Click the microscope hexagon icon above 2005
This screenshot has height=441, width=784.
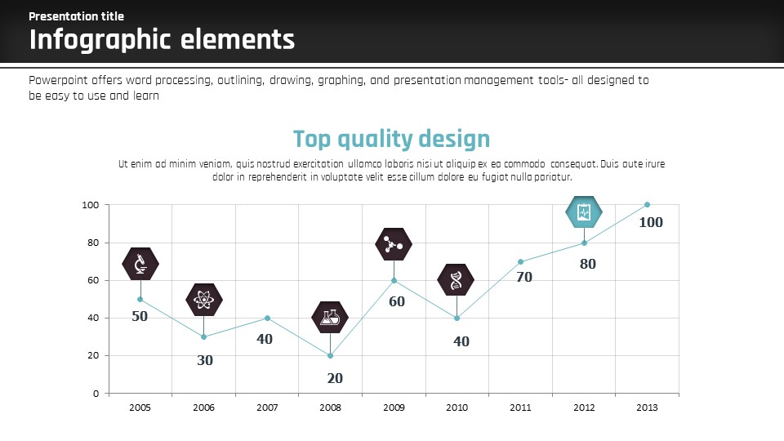point(140,263)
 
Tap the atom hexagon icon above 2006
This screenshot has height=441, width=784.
point(204,301)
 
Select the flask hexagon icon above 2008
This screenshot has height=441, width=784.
point(330,318)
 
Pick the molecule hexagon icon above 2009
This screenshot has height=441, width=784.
point(394,243)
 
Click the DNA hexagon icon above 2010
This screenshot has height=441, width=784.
point(456,280)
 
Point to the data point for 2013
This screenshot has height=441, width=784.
point(647,204)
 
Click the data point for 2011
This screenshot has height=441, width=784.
point(520,261)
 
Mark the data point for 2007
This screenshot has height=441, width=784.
point(267,318)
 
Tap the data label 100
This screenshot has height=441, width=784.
point(651,222)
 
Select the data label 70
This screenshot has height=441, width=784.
point(523,278)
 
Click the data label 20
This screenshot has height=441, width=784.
point(335,378)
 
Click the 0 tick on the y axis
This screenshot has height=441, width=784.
point(96,393)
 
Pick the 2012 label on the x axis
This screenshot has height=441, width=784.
point(584,407)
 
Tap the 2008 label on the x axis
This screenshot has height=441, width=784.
point(330,407)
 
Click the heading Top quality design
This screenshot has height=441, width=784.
point(391,139)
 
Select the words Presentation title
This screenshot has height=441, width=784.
point(77,16)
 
